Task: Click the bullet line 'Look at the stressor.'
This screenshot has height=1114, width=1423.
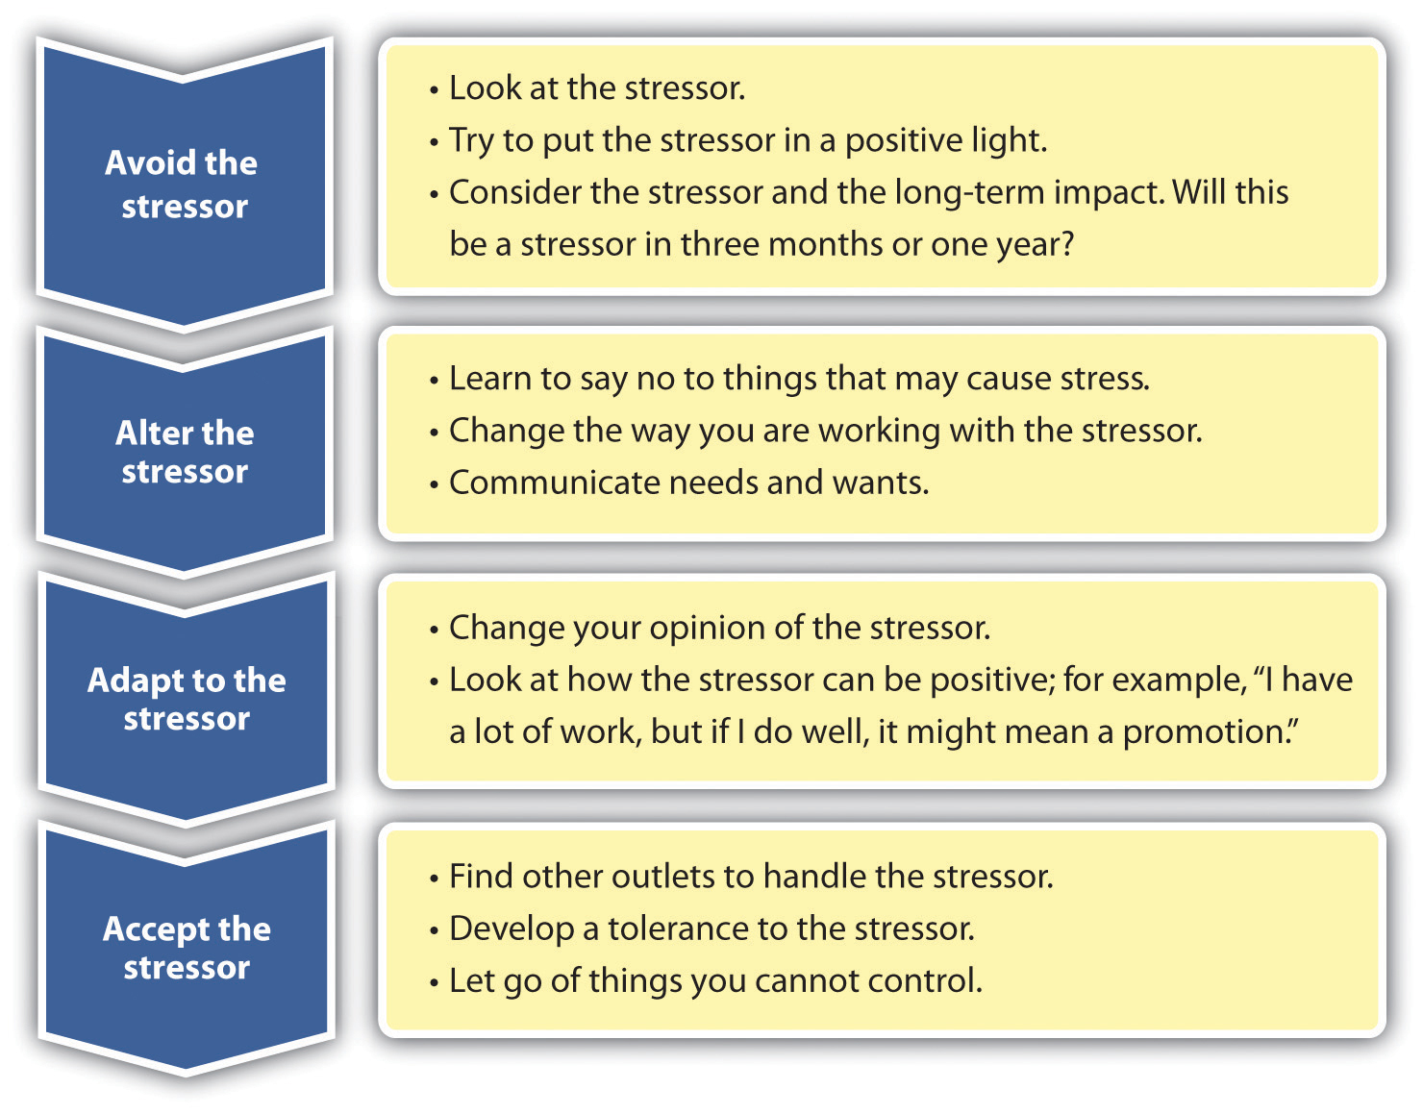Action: (596, 88)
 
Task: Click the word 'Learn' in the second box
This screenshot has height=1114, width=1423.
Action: (489, 379)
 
